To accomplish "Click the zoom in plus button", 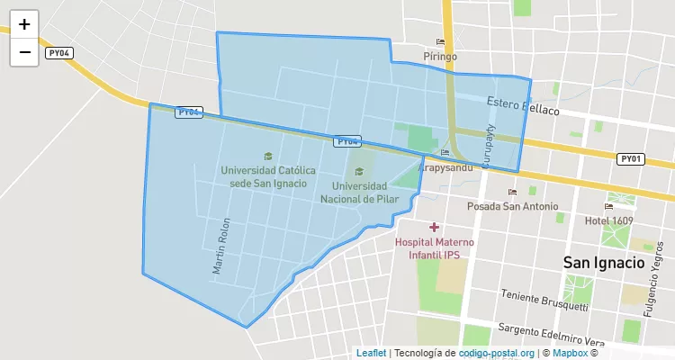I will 24,25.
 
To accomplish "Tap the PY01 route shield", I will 631,158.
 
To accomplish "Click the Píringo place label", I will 441,56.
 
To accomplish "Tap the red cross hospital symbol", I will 434,228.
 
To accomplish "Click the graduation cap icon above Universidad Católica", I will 267,156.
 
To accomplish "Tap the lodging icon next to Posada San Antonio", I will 513,192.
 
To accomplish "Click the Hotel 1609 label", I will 609,220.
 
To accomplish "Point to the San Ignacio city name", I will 604,263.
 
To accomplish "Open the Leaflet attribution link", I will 371,353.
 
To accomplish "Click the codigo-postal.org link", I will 497,353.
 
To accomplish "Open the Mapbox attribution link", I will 570,353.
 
